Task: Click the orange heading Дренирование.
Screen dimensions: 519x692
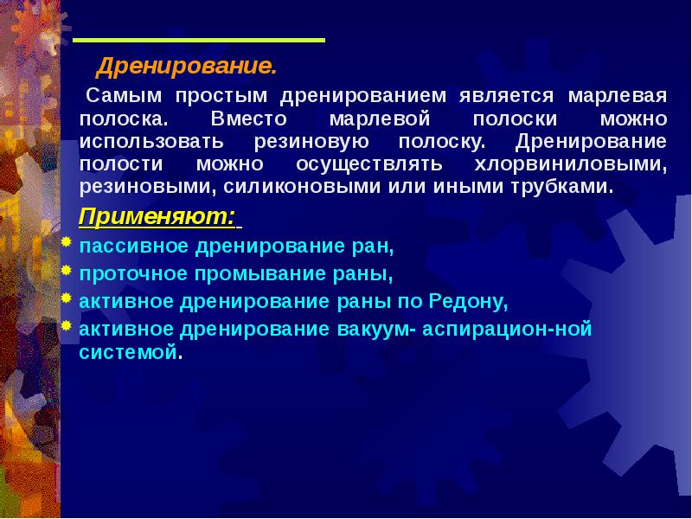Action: pyautogui.click(x=186, y=67)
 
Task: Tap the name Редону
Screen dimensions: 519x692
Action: pyautogui.click(x=465, y=303)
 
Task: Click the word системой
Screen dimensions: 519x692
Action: pyautogui.click(x=129, y=353)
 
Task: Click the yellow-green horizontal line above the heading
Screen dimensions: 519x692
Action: pyautogui.click(x=198, y=41)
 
